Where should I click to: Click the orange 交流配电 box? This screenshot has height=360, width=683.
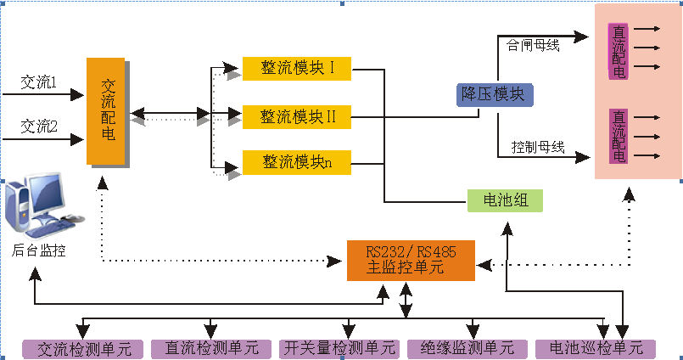[x=106, y=110]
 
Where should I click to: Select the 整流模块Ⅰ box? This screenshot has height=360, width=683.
[x=296, y=67]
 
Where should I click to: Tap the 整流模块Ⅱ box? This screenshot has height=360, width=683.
[x=296, y=115]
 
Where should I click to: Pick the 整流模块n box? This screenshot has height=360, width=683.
[x=296, y=162]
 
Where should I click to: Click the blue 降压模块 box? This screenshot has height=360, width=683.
[x=495, y=94]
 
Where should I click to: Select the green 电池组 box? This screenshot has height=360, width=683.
[x=505, y=200]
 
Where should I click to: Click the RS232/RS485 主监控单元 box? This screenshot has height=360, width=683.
[x=411, y=261]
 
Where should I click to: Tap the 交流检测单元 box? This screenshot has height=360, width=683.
[x=83, y=348]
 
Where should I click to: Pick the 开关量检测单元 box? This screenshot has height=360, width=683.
[x=339, y=348]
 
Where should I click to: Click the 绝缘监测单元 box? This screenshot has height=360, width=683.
[x=467, y=348]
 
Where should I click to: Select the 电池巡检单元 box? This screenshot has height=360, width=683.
[x=596, y=348]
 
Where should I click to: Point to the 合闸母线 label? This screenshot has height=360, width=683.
[x=532, y=45]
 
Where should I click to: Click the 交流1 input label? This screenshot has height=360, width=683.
[x=38, y=83]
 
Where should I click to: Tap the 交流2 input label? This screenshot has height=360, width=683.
[x=38, y=126]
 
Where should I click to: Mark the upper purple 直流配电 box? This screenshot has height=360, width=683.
[x=619, y=51]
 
